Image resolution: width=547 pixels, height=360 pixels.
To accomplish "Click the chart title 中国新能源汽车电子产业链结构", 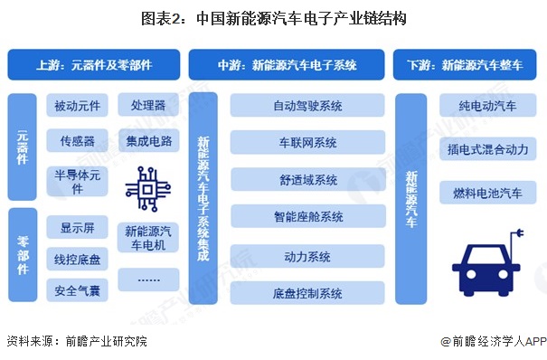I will [x=273, y=17].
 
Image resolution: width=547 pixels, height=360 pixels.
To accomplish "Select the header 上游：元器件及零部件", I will [x=94, y=65].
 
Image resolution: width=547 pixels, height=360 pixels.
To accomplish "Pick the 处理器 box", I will [x=147, y=107].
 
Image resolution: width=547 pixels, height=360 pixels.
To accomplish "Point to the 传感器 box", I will [x=78, y=141].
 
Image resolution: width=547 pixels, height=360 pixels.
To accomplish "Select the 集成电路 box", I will [x=147, y=141].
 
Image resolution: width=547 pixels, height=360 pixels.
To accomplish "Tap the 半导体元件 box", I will [x=78, y=182].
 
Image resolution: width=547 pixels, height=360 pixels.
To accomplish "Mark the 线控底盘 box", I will [x=78, y=260].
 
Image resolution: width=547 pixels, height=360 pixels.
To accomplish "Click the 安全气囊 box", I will [x=78, y=290].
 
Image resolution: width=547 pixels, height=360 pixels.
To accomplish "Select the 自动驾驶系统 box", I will [x=307, y=106].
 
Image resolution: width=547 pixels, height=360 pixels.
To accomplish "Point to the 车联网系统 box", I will [x=307, y=143].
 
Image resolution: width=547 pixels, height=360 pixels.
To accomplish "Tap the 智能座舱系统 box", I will [x=307, y=217].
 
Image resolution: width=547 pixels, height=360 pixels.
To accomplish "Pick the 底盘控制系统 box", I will [x=307, y=293].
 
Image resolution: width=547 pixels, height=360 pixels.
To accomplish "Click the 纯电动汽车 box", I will [x=487, y=107].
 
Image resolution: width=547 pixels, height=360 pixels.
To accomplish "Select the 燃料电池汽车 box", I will [x=487, y=193].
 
